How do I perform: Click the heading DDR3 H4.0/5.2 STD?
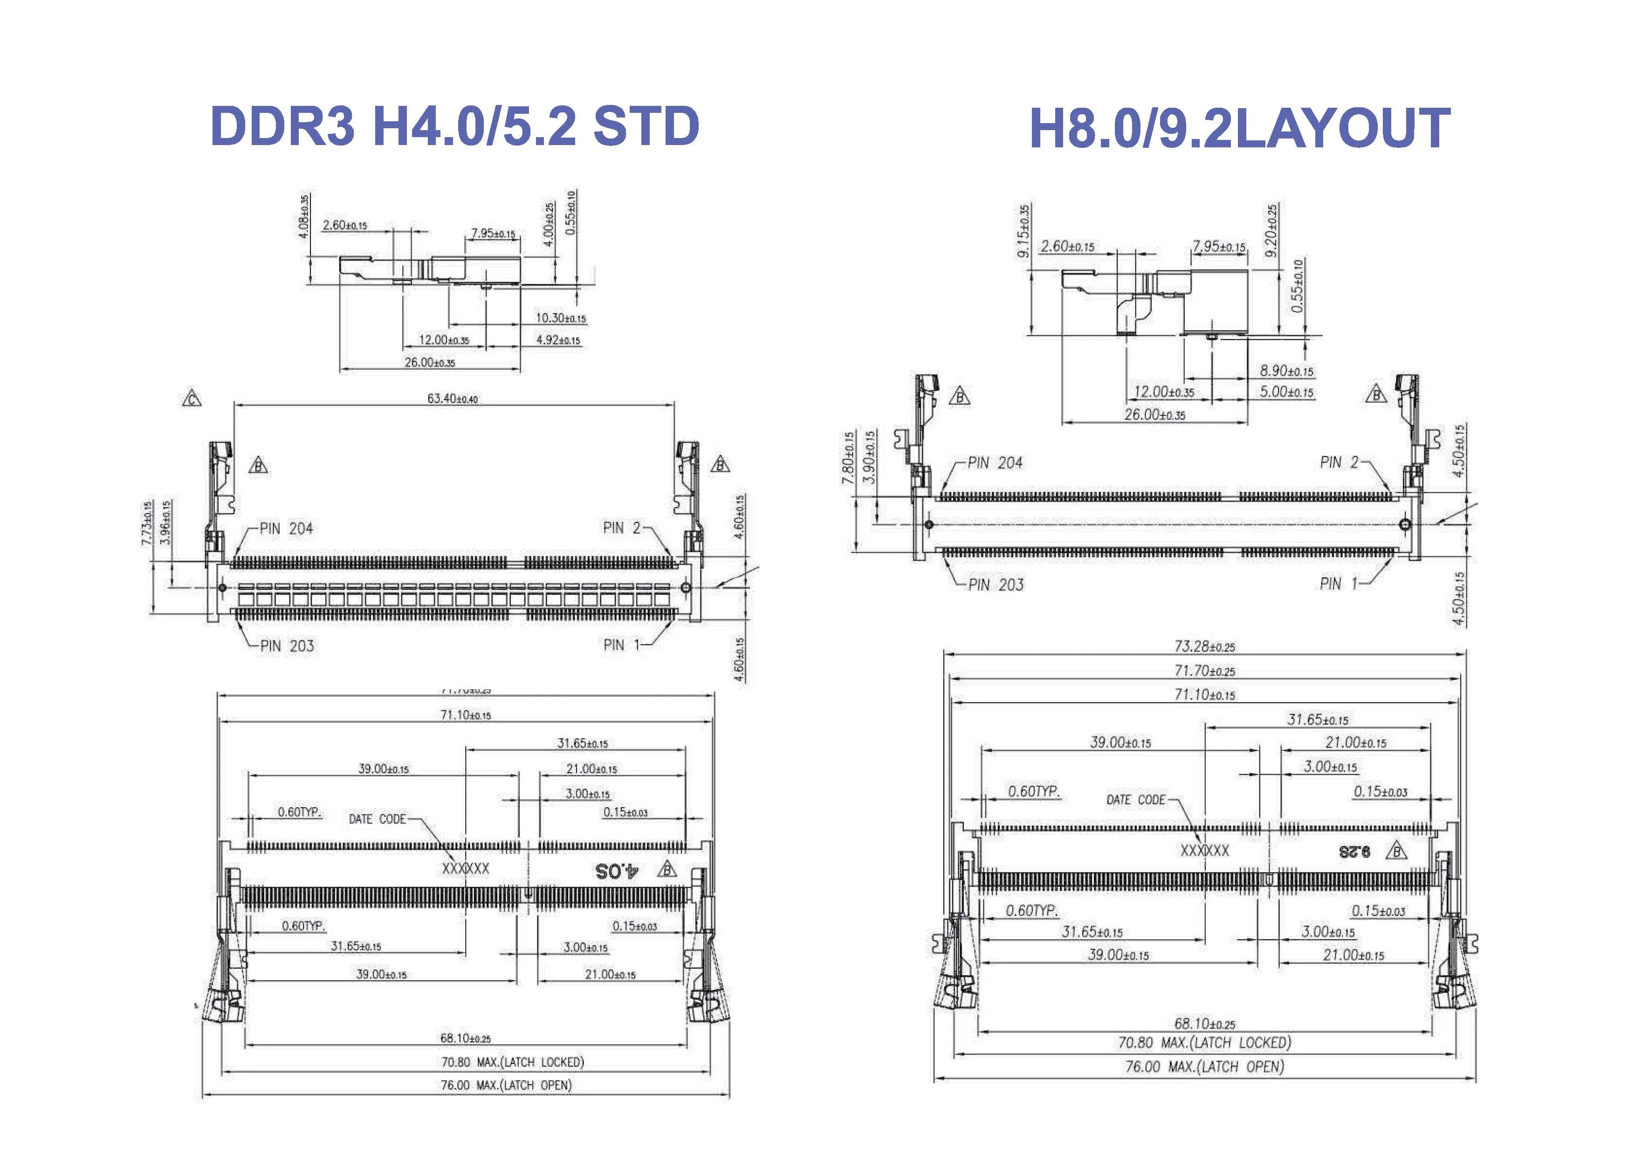click(455, 127)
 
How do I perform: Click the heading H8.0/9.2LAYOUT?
click(1239, 129)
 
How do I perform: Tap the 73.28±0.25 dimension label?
click(1205, 646)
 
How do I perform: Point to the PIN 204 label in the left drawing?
click(286, 529)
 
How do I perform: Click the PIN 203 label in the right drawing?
click(996, 585)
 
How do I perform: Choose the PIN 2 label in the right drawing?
click(1339, 462)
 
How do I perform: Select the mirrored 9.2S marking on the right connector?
click(1353, 852)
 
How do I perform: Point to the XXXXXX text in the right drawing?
click(1205, 851)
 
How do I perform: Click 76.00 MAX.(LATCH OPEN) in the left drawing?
click(506, 1085)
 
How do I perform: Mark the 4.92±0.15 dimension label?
click(558, 340)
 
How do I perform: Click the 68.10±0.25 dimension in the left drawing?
click(466, 1039)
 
